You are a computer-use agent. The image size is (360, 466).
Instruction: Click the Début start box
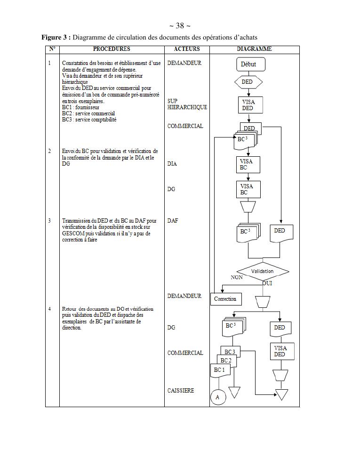pos(248,64)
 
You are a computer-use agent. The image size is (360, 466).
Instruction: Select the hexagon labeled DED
pos(248,82)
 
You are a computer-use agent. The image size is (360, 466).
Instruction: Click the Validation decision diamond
pos(262,272)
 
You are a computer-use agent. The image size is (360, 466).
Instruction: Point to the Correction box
pos(225,299)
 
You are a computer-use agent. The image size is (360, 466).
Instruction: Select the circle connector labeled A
pos(217,397)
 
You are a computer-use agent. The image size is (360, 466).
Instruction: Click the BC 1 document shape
pos(219,370)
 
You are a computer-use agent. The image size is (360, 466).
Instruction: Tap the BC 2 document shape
pos(226,361)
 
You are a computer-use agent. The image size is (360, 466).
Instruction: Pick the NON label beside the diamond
pos(237,278)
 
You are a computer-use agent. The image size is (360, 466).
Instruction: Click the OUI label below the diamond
pos(267,283)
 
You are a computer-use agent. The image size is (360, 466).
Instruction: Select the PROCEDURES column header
pos(112,49)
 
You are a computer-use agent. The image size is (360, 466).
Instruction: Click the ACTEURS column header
pos(186,49)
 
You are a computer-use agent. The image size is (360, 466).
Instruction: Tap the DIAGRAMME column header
pos(254,49)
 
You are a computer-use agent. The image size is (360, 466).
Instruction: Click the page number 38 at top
pos(180,26)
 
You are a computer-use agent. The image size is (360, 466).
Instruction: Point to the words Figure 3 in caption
pos(56,37)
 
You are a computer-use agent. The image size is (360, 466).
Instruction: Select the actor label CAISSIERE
pos(181,391)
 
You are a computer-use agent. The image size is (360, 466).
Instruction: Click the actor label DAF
pos(173,220)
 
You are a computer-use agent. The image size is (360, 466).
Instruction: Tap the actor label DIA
pos(172,164)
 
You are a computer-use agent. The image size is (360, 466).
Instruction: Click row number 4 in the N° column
pos(50,309)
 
